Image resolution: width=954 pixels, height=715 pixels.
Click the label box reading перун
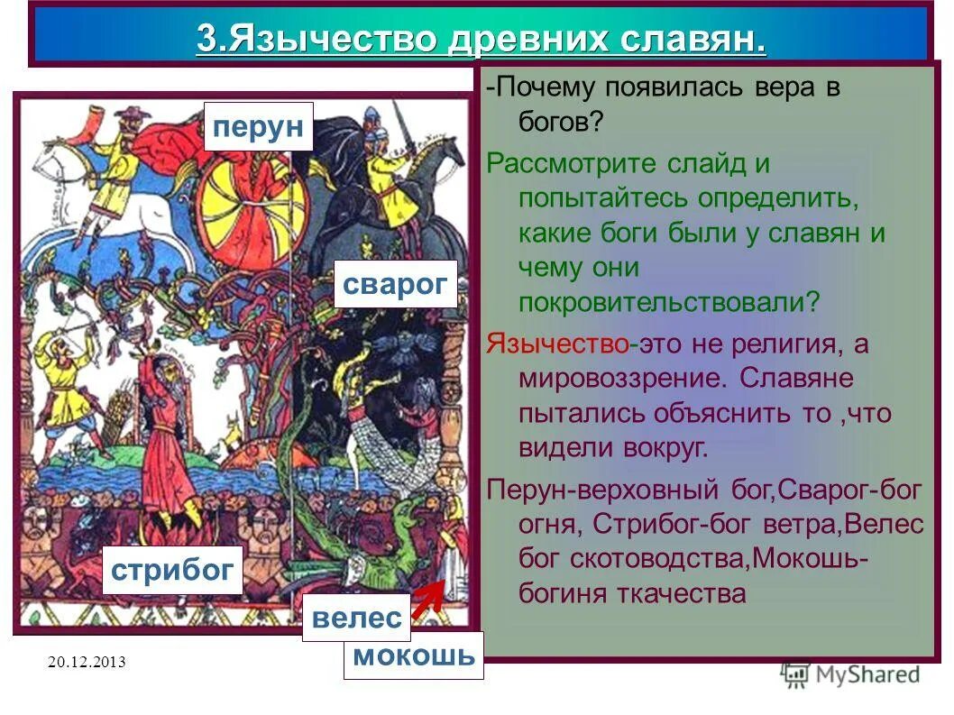click(x=257, y=126)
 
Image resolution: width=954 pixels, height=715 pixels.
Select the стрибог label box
click(x=172, y=570)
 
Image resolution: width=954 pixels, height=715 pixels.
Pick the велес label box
click(x=356, y=619)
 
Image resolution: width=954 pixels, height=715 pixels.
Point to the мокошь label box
click(x=414, y=655)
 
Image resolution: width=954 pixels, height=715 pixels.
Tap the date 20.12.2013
click(x=87, y=663)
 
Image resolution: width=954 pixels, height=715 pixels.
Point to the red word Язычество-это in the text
click(x=563, y=344)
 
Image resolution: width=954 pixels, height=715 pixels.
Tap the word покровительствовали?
click(x=669, y=301)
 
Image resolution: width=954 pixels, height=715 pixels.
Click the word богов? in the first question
click(x=560, y=122)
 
